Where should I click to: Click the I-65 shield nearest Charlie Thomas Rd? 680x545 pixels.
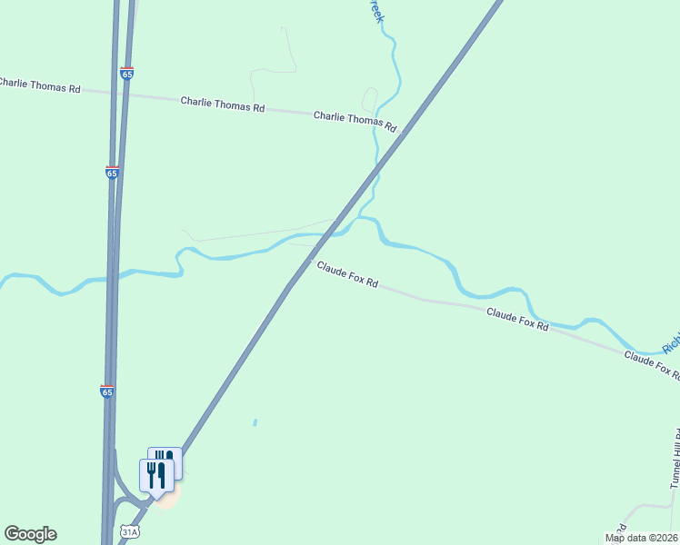(126, 73)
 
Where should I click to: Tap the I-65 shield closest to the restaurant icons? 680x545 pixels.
(107, 391)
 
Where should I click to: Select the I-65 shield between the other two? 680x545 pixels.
(112, 172)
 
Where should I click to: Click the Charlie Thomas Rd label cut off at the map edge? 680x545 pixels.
(40, 84)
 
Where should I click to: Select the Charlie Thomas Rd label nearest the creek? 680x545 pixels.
(355, 120)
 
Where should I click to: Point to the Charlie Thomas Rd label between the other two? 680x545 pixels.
(222, 104)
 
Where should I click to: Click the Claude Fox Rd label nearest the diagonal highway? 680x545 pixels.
(347, 273)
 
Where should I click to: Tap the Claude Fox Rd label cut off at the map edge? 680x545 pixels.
(651, 365)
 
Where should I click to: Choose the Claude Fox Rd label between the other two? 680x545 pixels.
(517, 319)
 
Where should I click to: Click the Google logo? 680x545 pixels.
(30, 534)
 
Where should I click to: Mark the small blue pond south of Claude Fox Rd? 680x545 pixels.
(255, 422)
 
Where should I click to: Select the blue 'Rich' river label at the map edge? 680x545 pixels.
(670, 343)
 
